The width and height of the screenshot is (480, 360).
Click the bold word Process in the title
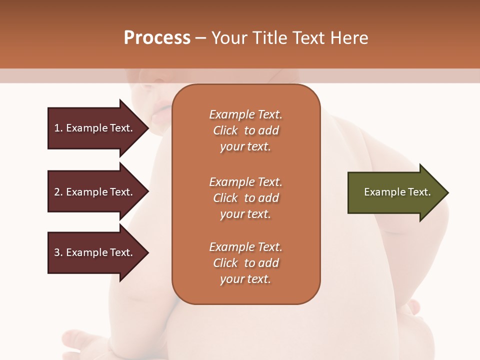157,38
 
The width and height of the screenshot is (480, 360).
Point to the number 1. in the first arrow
58,128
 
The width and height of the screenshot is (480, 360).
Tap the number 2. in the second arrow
58,192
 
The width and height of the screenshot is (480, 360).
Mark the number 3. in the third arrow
58,252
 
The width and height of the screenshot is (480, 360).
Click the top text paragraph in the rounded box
245,130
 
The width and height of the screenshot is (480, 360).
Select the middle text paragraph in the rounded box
245,198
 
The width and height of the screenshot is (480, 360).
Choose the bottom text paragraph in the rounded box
245,263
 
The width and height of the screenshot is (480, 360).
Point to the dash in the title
200,38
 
